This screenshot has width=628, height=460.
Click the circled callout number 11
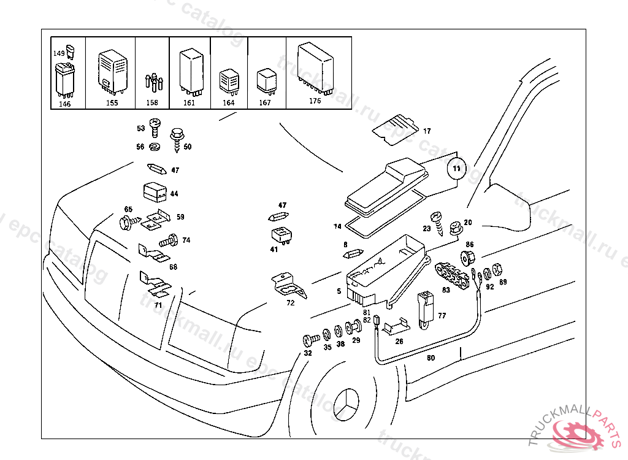tap(456, 167)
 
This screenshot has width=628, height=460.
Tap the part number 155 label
tap(112, 103)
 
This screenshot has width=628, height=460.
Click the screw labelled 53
tap(155, 128)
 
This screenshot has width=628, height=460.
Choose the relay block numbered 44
tap(155, 193)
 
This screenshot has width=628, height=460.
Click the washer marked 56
tap(154, 147)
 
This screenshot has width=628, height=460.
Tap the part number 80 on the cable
tap(431, 358)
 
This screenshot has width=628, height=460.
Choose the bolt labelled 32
tap(310, 339)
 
